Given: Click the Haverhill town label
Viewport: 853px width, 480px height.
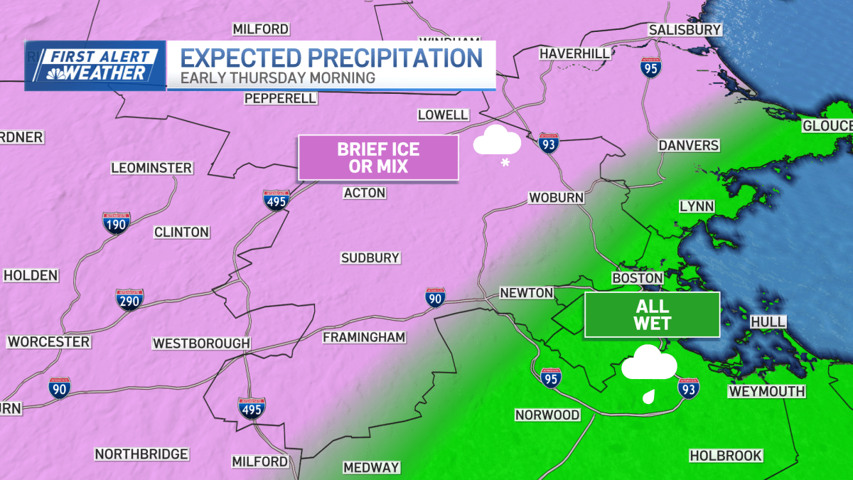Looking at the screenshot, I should click(575, 53).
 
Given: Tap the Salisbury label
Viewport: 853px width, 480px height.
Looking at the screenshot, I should click(685, 30).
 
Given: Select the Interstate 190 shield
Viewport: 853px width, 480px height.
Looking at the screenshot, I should click(116, 223).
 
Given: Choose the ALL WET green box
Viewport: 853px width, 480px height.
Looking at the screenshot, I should click(652, 314).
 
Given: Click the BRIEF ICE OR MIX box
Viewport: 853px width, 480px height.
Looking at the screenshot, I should click(378, 157).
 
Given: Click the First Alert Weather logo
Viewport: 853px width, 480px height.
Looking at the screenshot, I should click(95, 65).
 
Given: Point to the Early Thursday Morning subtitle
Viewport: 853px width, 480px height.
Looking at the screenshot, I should click(277, 78).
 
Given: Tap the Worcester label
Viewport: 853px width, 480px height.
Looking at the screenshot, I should click(48, 342).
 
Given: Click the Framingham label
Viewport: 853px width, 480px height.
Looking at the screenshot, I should click(364, 337).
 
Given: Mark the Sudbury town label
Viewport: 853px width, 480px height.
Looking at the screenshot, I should click(370, 258).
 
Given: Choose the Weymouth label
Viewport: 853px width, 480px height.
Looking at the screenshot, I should click(766, 391).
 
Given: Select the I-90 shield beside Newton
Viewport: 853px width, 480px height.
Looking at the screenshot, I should click(436, 299).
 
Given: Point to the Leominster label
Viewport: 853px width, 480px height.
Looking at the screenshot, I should click(151, 169).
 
